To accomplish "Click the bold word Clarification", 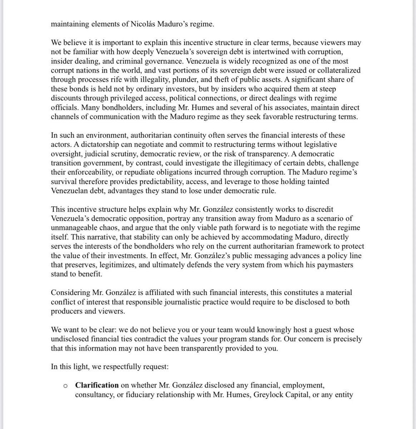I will pyautogui.click(x=96, y=385).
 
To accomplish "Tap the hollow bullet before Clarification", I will pyautogui.click(x=65, y=386).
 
